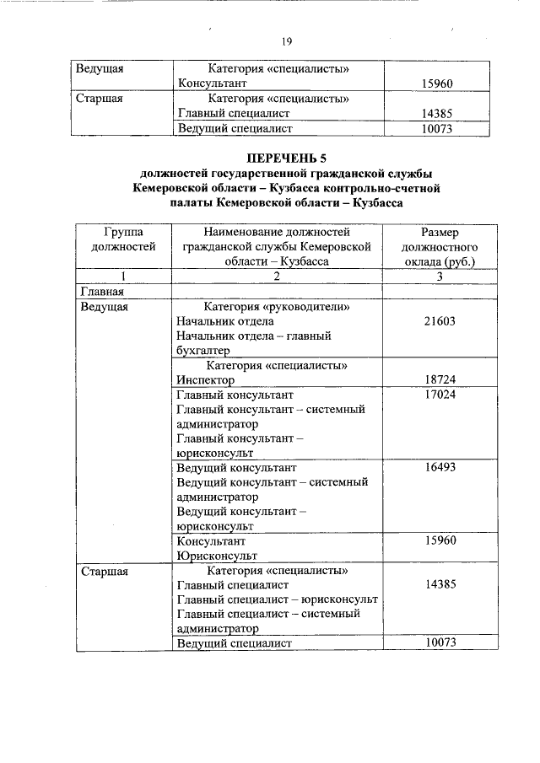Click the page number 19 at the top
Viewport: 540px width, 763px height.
coord(286,42)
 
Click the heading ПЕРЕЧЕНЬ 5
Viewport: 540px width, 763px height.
coord(285,159)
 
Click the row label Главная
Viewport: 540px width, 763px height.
coord(102,292)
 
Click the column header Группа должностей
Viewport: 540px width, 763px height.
coord(123,239)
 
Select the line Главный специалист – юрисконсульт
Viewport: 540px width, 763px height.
coord(277,599)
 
